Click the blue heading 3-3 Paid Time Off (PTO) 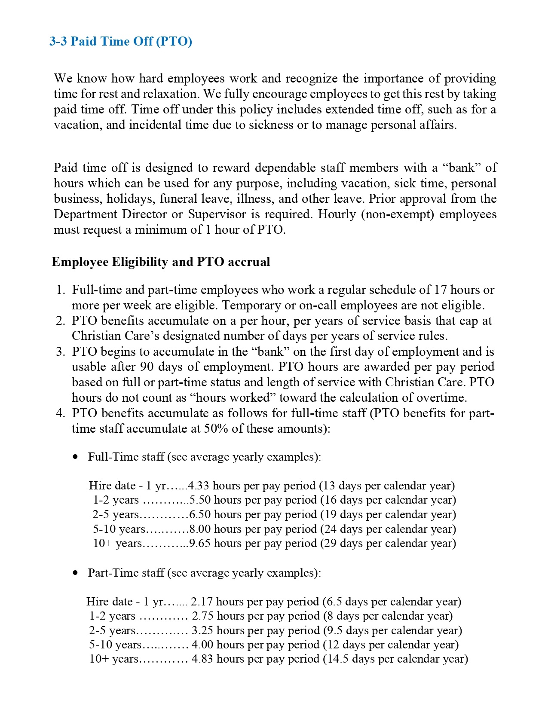click(x=121, y=41)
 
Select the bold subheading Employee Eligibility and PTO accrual click(x=161, y=262)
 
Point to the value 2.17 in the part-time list click(x=202, y=602)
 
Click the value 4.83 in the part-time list click(x=202, y=659)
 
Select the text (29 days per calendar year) click(x=388, y=543)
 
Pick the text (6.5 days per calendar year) click(x=392, y=602)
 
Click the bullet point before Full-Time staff click(x=76, y=457)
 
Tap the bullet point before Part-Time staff click(x=76, y=573)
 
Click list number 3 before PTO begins click(x=60, y=351)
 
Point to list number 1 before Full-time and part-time click(x=60, y=290)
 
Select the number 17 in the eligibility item click(x=441, y=290)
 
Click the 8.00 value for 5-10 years click(x=200, y=529)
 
